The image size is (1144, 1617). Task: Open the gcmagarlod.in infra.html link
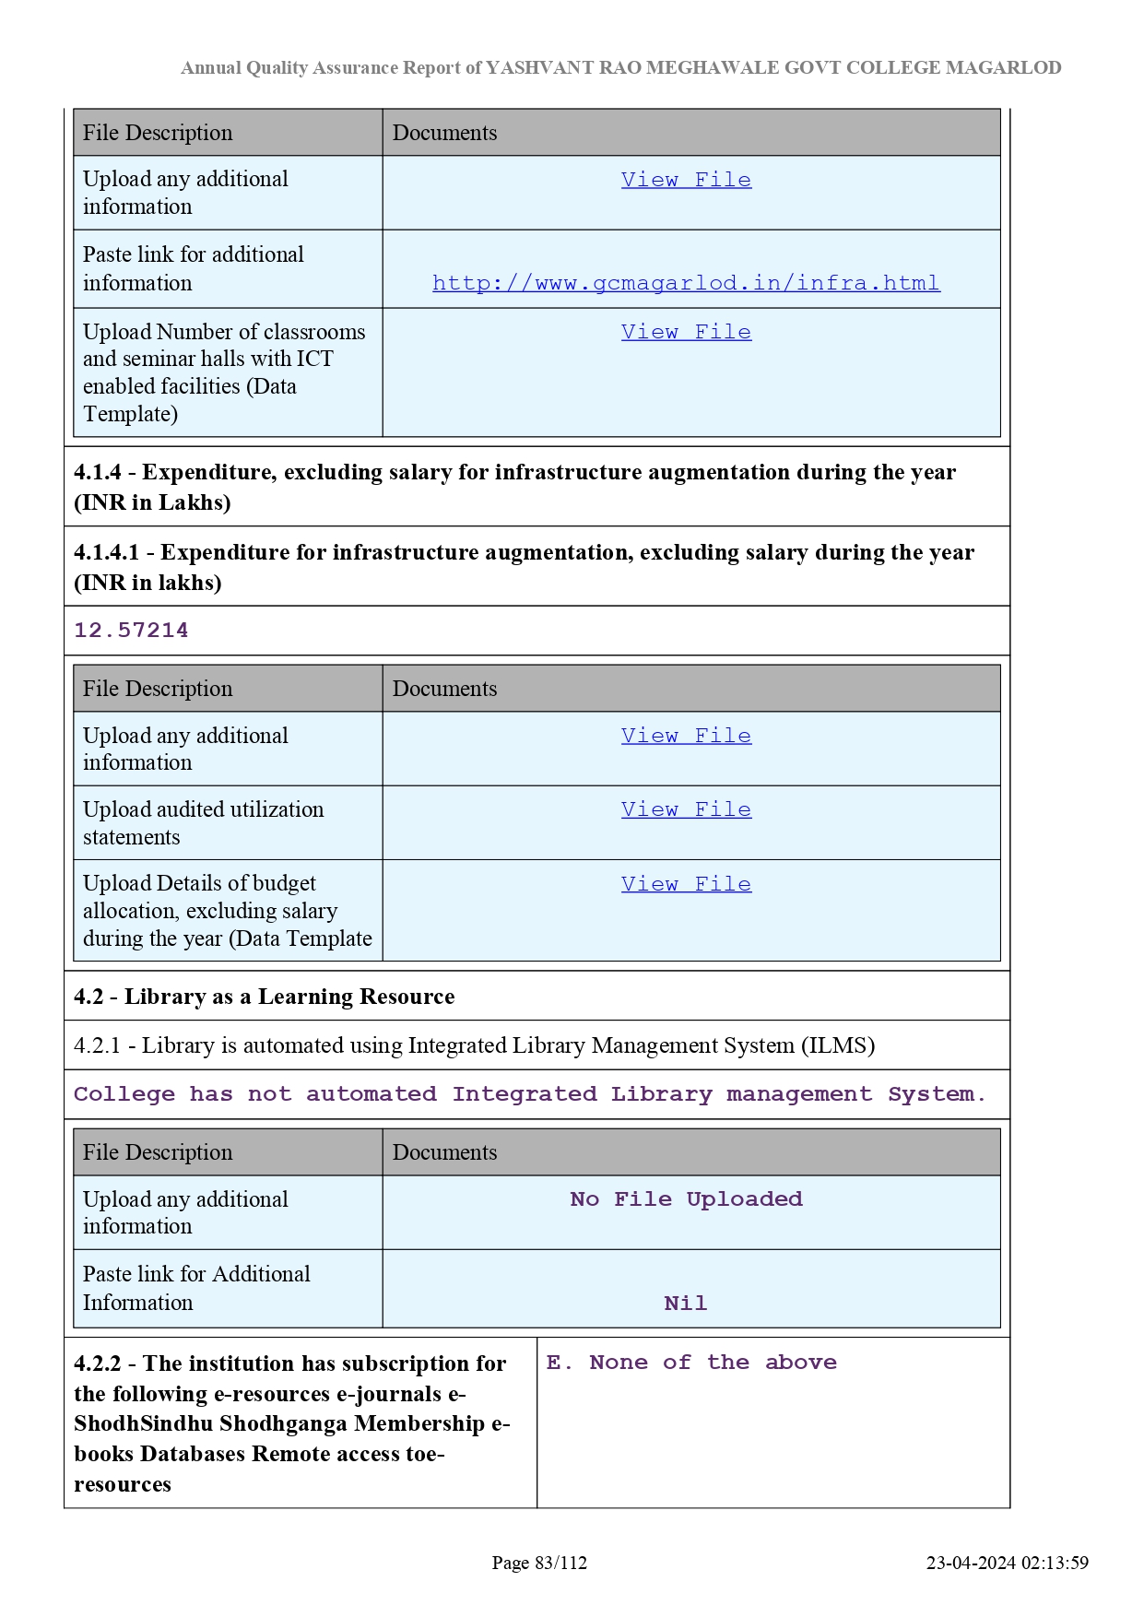pyautogui.click(x=686, y=283)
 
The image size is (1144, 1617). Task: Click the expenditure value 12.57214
pyautogui.click(x=131, y=631)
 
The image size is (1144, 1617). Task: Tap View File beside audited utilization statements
pyautogui.click(x=686, y=809)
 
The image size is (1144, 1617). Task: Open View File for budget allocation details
pyautogui.click(x=686, y=884)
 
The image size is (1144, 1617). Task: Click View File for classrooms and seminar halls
pyautogui.click(x=686, y=332)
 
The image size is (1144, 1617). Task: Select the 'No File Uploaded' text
pyautogui.click(x=686, y=1199)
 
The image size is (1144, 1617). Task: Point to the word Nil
pyautogui.click(x=686, y=1304)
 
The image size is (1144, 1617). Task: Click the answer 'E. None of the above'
pyautogui.click(x=691, y=1363)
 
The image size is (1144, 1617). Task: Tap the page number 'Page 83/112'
pyautogui.click(x=539, y=1563)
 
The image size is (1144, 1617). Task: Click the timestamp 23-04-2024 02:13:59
pyautogui.click(x=1007, y=1563)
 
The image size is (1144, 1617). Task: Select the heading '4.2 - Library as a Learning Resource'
pyautogui.click(x=264, y=997)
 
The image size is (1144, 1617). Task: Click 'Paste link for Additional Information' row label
pyautogui.click(x=196, y=1288)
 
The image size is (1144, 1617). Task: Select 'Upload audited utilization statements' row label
pyautogui.click(x=203, y=823)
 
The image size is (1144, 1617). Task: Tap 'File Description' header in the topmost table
pyautogui.click(x=158, y=133)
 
